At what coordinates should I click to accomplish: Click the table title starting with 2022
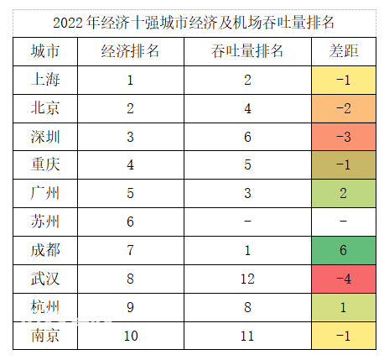pyautogui.click(x=194, y=23)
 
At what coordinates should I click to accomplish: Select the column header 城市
pyautogui.click(x=45, y=51)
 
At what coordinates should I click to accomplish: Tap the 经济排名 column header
pyautogui.click(x=130, y=51)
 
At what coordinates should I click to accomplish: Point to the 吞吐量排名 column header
pyautogui.click(x=247, y=51)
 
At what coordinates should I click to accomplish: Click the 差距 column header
pyautogui.click(x=344, y=51)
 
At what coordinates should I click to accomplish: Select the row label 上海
pyautogui.click(x=45, y=80)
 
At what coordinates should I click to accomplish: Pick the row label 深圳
pyautogui.click(x=45, y=137)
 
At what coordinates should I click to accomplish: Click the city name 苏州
pyautogui.click(x=45, y=222)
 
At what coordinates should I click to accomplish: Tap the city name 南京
pyautogui.click(x=45, y=336)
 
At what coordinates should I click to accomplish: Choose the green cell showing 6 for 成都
pyautogui.click(x=344, y=250)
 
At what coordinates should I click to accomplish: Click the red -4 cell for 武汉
pyautogui.click(x=344, y=279)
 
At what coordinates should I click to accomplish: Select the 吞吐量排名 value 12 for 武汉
pyautogui.click(x=247, y=279)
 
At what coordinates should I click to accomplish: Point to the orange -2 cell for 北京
pyautogui.click(x=344, y=108)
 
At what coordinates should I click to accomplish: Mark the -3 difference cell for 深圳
pyautogui.click(x=344, y=137)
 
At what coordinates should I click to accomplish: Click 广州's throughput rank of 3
pyautogui.click(x=247, y=193)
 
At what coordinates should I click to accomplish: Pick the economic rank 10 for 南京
pyautogui.click(x=131, y=336)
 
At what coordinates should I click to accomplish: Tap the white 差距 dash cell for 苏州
pyautogui.click(x=344, y=222)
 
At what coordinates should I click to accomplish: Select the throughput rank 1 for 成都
pyautogui.click(x=247, y=250)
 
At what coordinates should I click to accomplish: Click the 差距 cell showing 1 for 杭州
pyautogui.click(x=344, y=307)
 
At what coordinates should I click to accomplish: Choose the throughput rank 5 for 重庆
pyautogui.click(x=247, y=164)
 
